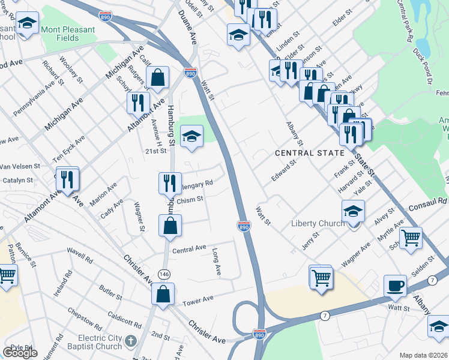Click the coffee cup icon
tap(396, 286)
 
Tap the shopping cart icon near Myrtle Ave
tap(411, 237)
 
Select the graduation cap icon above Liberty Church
tap(354, 211)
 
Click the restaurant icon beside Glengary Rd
tap(170, 182)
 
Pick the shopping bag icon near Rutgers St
tap(157, 77)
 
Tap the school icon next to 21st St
tap(192, 136)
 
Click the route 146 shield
tap(163, 274)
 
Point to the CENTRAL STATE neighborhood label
tap(310, 153)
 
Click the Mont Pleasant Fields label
tap(68, 34)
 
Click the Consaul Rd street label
tap(428, 202)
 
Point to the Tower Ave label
tap(198, 299)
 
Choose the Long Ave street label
tap(217, 262)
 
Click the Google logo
tap(20, 353)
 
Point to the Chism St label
tap(191, 199)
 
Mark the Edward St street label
tap(285, 170)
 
